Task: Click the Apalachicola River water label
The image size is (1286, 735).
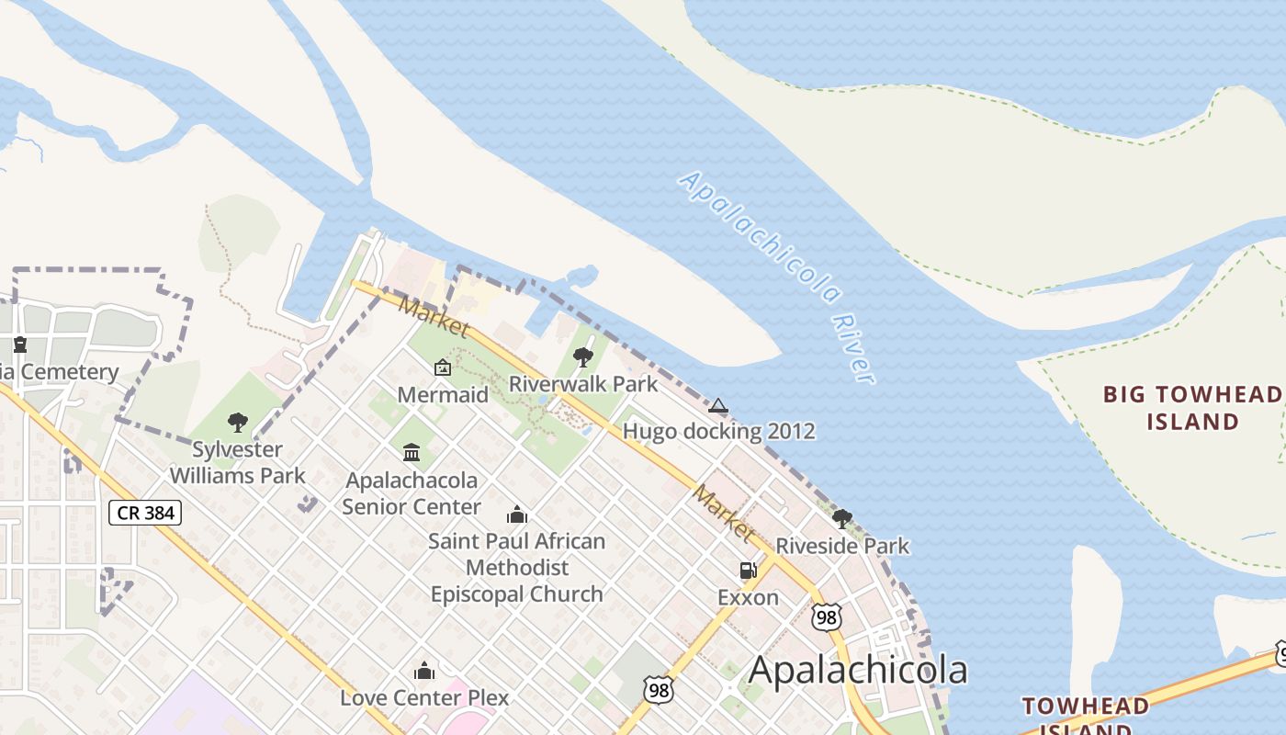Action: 776,277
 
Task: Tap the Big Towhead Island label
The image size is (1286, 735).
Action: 1192,408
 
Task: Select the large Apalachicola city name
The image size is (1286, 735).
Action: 858,671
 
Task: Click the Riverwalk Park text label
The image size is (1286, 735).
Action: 583,383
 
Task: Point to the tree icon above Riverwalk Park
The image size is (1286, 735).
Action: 582,357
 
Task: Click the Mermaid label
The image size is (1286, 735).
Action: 443,395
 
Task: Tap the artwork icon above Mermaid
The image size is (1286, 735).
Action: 443,367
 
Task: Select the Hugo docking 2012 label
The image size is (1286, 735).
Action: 718,431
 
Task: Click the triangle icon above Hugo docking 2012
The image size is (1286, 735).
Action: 718,405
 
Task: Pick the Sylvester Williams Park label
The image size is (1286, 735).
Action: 237,462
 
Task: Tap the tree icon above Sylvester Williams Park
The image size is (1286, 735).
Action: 238,423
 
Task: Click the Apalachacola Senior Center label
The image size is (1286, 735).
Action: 411,493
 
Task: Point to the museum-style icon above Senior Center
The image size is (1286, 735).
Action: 412,452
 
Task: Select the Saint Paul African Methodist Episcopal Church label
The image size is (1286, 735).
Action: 517,568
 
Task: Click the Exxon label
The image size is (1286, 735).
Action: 748,598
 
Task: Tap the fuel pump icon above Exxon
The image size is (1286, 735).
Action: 748,571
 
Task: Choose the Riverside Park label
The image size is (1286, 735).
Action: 842,546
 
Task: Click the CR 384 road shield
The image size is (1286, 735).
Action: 145,513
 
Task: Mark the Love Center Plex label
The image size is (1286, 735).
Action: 424,697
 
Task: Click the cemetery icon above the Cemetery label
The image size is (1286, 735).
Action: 20,345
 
